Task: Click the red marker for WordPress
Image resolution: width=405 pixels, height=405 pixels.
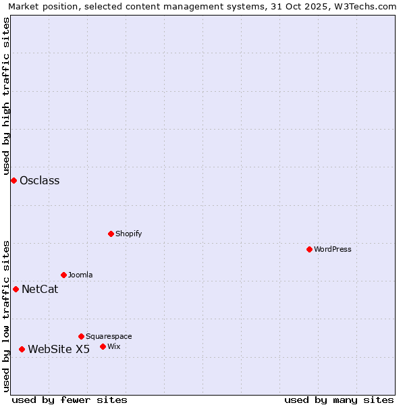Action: click(310, 249)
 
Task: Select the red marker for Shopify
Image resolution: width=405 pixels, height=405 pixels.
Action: click(111, 234)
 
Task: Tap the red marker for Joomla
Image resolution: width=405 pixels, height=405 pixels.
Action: click(64, 275)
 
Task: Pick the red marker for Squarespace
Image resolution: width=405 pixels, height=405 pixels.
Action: click(82, 336)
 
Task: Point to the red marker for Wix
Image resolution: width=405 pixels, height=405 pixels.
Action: click(103, 346)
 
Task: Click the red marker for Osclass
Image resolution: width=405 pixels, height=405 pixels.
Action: click(13, 180)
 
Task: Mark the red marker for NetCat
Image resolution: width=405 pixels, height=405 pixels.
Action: click(16, 289)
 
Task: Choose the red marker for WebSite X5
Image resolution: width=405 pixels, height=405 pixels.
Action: click(22, 349)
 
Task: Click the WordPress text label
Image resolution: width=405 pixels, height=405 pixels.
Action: click(333, 250)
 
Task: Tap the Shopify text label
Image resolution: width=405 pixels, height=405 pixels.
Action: click(129, 234)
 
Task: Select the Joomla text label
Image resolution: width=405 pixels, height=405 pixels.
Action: click(80, 275)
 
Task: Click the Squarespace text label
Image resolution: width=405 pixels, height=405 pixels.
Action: click(109, 337)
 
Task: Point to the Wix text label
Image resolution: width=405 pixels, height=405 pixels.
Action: click(114, 347)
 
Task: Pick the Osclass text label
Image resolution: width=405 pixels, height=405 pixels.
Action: click(40, 181)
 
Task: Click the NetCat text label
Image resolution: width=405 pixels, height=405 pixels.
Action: click(40, 290)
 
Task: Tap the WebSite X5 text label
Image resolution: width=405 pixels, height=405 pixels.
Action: click(59, 350)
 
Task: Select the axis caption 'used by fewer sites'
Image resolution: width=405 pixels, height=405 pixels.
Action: click(70, 400)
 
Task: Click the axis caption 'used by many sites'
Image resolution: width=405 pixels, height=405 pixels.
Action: click(339, 400)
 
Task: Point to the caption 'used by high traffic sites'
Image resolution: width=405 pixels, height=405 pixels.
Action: click(7, 94)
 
